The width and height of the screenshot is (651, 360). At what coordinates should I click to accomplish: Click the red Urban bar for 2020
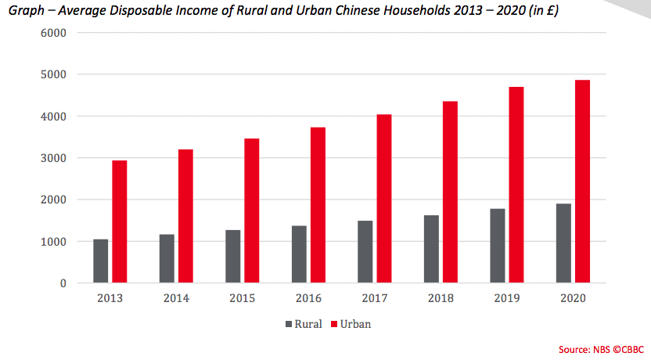pyautogui.click(x=582, y=181)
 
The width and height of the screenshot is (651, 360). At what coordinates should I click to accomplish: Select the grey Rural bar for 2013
pyautogui.click(x=100, y=261)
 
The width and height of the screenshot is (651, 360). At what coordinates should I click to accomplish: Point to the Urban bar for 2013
pyautogui.click(x=119, y=221)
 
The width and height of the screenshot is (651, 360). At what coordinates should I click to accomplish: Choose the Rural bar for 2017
pyautogui.click(x=365, y=251)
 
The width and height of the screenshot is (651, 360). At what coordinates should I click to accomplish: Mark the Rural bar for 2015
pyautogui.click(x=232, y=256)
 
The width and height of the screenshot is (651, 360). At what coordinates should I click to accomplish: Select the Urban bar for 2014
pyautogui.click(x=185, y=215)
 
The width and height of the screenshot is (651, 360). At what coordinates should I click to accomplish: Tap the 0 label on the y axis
pyautogui.click(x=62, y=283)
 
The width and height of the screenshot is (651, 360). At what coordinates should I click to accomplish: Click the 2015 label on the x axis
pyautogui.click(x=242, y=298)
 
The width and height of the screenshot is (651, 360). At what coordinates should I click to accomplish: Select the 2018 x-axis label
pyautogui.click(x=441, y=298)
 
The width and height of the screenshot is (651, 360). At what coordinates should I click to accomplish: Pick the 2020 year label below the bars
pyautogui.click(x=573, y=298)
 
